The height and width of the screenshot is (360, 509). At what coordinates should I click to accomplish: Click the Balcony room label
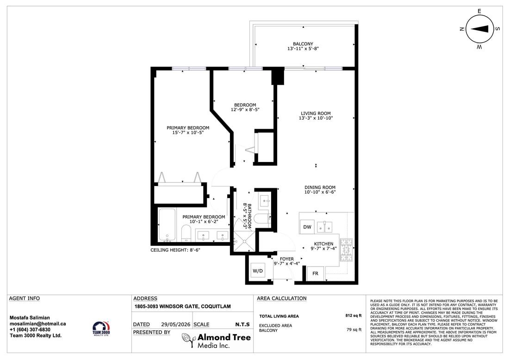coord(303,46)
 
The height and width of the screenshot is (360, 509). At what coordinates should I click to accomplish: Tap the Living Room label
coord(316,116)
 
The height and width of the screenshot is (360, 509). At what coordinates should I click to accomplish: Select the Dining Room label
coord(320,190)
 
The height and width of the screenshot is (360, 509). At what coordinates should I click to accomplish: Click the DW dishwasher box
coord(307,227)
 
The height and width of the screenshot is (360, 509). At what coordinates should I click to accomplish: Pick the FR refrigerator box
coord(315,273)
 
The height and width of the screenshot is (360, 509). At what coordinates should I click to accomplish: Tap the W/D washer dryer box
coord(258,271)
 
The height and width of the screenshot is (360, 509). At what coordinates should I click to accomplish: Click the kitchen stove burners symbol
coord(346,249)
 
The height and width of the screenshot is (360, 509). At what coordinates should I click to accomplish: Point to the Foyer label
coord(286,261)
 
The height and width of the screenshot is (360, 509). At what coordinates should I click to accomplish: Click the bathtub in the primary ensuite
coord(167,224)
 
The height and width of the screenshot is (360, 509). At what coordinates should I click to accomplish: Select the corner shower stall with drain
coord(244,241)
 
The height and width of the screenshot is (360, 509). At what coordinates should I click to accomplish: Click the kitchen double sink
coord(324,227)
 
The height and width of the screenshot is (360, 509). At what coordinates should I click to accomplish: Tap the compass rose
coord(480,29)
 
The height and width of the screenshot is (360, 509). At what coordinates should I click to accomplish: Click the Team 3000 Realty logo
coord(101,329)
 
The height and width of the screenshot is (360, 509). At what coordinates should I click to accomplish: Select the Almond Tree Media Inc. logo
coord(216,341)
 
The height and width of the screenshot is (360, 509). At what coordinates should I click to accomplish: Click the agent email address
coord(37,323)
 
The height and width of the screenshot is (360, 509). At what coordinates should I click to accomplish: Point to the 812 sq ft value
coord(353,316)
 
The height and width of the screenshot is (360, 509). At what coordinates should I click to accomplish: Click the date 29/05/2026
coord(175,324)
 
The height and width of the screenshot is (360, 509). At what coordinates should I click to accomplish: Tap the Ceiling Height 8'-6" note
coord(175,250)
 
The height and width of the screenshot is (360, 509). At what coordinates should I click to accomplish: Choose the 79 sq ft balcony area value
coord(354,329)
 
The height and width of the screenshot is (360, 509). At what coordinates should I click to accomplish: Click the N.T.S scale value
coord(242,324)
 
